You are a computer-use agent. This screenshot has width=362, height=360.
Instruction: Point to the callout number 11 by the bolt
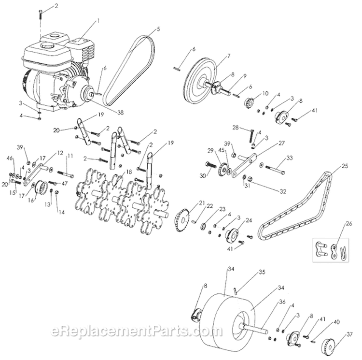[x=70, y=156]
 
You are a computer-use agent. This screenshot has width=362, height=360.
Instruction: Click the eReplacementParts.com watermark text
[x=130, y=331]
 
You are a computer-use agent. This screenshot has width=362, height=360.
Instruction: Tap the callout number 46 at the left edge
[x=10, y=158]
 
